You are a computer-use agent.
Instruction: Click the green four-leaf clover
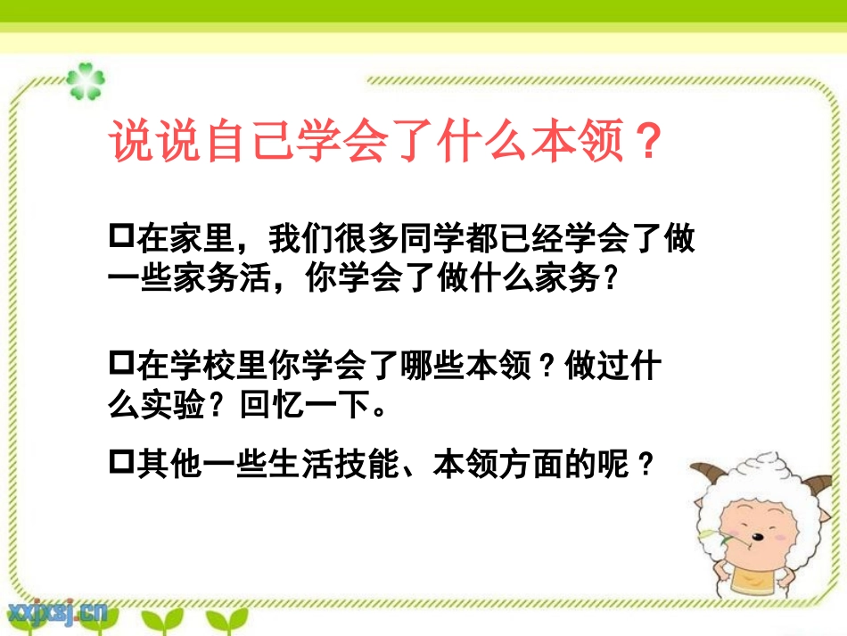(86, 81)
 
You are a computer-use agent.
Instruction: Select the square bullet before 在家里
(119, 237)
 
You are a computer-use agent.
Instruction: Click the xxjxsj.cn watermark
(58, 611)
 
